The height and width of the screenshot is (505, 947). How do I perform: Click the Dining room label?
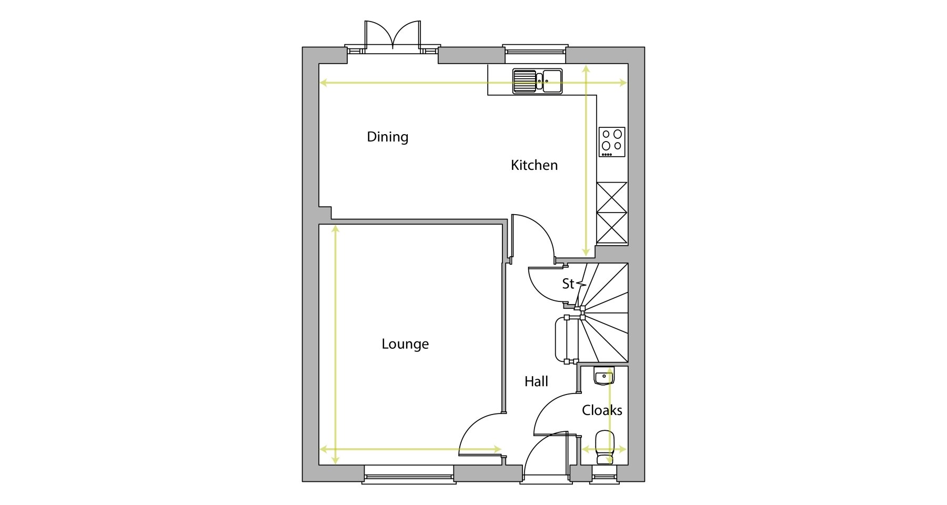(x=388, y=137)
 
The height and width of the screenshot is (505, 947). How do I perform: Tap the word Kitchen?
(x=534, y=165)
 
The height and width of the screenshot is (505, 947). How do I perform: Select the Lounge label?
(x=405, y=344)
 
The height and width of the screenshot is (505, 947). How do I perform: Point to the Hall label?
(x=536, y=381)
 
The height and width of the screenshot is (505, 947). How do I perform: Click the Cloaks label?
(x=602, y=410)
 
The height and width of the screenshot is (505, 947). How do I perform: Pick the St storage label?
(x=568, y=284)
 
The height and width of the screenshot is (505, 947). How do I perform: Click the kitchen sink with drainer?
(x=538, y=82)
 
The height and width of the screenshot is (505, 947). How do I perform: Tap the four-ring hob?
(x=612, y=142)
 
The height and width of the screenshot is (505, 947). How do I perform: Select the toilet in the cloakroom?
(x=605, y=447)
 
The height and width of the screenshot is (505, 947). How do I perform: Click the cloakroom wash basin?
(x=604, y=376)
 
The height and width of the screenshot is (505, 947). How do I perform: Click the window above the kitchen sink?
(x=535, y=49)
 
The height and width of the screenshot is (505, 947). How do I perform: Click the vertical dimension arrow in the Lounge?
(x=336, y=345)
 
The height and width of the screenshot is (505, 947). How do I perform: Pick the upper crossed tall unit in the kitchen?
(x=612, y=197)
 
